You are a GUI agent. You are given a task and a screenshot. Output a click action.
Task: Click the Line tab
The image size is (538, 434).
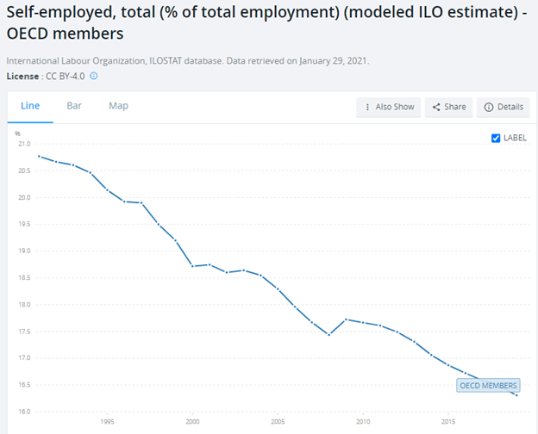[x=29, y=105]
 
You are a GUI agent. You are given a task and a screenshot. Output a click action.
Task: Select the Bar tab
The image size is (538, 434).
[x=74, y=105]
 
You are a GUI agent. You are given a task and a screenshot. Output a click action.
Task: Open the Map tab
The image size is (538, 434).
[x=118, y=105]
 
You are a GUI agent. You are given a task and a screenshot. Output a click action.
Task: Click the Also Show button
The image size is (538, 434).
[x=389, y=107]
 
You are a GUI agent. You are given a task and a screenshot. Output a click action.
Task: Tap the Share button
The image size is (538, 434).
[x=448, y=107]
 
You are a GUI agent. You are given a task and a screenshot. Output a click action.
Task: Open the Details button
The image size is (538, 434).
[x=504, y=107]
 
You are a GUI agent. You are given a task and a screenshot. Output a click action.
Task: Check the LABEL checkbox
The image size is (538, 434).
[x=496, y=138]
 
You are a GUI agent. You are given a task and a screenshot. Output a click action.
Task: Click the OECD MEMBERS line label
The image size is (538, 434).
[x=489, y=385]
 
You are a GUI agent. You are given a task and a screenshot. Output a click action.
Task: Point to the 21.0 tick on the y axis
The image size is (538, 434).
[x=23, y=144]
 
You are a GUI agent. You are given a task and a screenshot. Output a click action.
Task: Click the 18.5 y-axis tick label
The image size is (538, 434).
[x=23, y=277]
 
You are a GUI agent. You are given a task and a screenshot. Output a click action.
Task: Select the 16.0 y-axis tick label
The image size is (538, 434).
[x=23, y=411]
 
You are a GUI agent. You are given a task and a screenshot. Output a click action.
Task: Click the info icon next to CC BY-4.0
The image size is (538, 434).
[x=94, y=76]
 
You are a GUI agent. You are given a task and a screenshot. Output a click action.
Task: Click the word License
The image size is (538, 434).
[x=22, y=76]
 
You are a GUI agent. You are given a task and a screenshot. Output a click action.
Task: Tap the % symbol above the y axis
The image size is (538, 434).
[x=17, y=133]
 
